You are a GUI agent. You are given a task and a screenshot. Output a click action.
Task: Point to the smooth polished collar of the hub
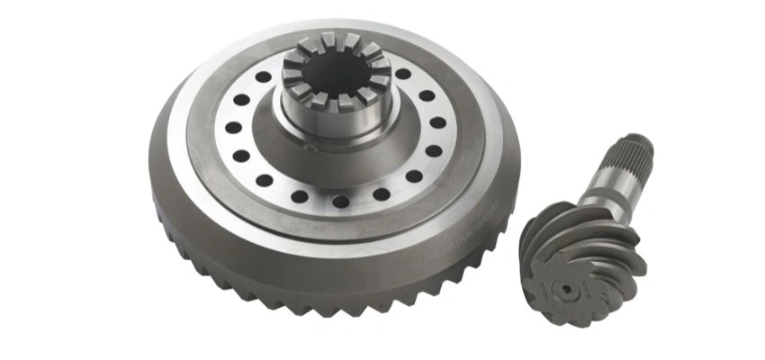tap(335, 121)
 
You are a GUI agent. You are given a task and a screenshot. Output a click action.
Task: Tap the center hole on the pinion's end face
tap(564, 290)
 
